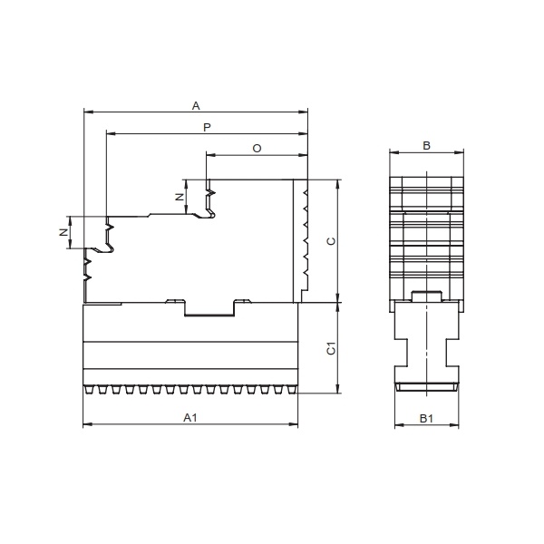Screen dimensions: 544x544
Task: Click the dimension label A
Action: point(196,106)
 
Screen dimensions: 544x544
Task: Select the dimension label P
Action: point(207,127)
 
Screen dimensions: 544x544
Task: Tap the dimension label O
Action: point(257,149)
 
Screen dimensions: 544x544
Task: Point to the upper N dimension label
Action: point(180,197)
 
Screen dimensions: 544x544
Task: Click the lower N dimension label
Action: point(63,232)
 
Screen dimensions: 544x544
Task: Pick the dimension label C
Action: point(331,241)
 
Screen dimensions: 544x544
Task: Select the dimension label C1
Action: point(331,348)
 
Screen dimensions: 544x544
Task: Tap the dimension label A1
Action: point(190,418)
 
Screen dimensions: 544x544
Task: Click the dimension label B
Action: point(426,146)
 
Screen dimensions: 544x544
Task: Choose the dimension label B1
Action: point(426,419)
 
